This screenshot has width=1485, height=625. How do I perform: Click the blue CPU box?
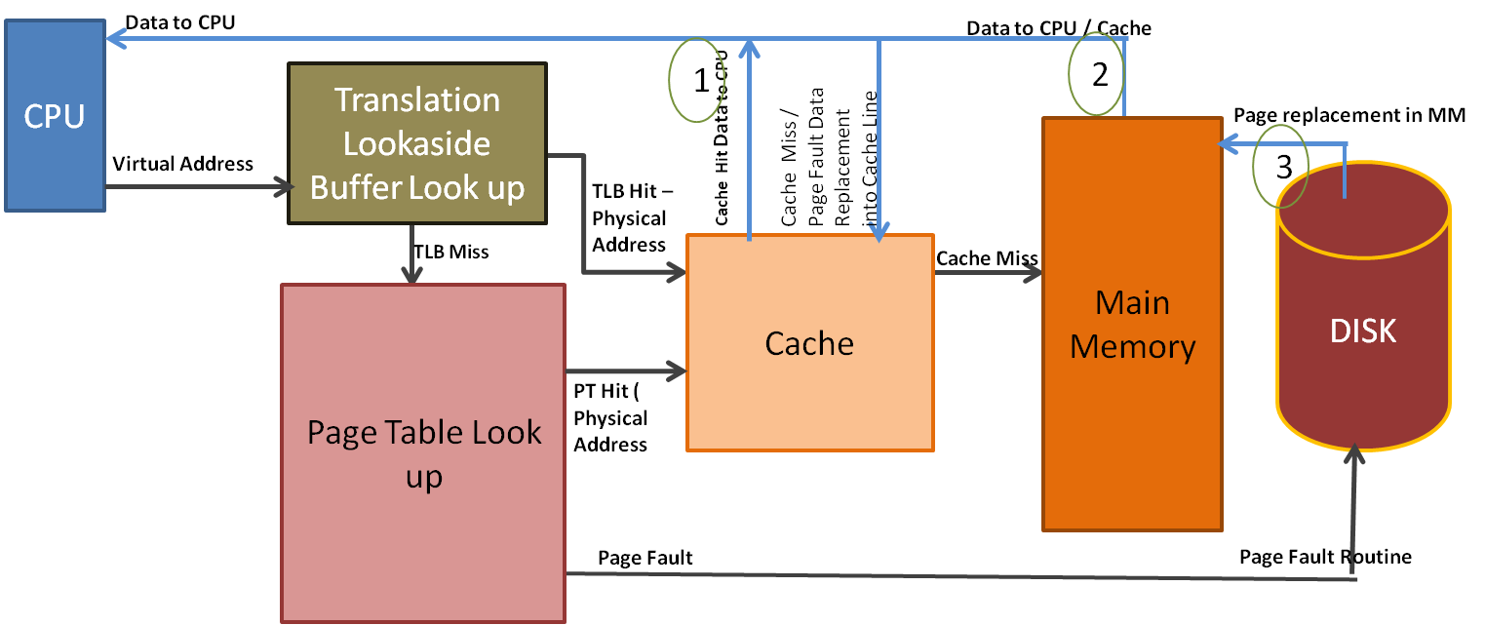pyautogui.click(x=55, y=116)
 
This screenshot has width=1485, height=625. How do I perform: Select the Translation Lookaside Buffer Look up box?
pyautogui.click(x=416, y=143)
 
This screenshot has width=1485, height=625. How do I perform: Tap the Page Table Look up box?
pyautogui.click(x=423, y=452)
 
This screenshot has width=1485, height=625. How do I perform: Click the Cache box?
pyautogui.click(x=809, y=342)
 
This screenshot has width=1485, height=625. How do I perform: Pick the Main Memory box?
pyautogui.click(x=1132, y=324)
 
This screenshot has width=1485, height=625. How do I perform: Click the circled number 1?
pyautogui.click(x=700, y=81)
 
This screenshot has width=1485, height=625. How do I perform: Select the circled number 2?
pyautogui.click(x=1100, y=75)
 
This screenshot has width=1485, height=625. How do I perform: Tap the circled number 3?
pyautogui.click(x=1279, y=166)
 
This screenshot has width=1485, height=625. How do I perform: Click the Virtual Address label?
pyautogui.click(x=183, y=164)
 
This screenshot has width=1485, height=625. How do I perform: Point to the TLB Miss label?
pyautogui.click(x=450, y=252)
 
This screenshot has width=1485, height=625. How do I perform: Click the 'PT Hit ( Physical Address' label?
pyautogui.click(x=610, y=417)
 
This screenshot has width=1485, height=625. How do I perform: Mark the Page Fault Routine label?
pyautogui.click(x=1325, y=557)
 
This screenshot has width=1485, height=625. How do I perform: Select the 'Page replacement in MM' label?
pyautogui.click(x=1349, y=115)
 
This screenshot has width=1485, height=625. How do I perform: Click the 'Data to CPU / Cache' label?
pyautogui.click(x=1058, y=28)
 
